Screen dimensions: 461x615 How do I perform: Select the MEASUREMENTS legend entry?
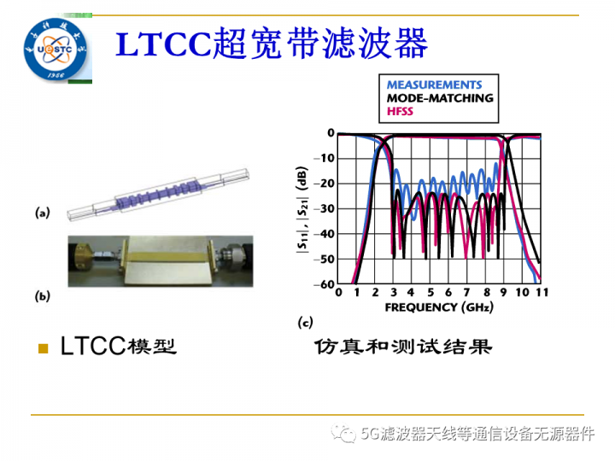[434, 85]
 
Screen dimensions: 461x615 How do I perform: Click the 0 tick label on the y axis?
[330, 133]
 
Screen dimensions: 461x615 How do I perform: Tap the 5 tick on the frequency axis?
[430, 294]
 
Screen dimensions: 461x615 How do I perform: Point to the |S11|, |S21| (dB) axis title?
[302, 209]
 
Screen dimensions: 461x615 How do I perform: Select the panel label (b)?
[43, 296]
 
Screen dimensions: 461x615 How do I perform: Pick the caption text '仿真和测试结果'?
[402, 347]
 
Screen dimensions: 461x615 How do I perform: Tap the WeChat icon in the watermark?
[346, 434]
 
